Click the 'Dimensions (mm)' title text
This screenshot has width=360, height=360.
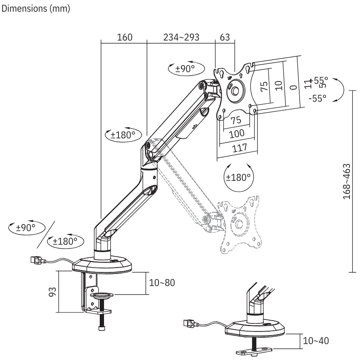pyautogui.click(x=36, y=10)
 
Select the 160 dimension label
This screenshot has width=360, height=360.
pyautogui.click(x=125, y=37)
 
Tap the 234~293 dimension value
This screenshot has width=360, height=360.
pyautogui.click(x=181, y=37)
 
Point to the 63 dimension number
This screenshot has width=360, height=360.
pyautogui.click(x=225, y=37)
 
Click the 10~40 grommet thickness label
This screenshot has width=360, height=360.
pyautogui.click(x=316, y=341)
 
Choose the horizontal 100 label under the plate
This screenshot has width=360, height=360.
pyautogui.click(x=236, y=134)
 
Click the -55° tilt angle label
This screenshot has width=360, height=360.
pyautogui.click(x=317, y=98)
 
